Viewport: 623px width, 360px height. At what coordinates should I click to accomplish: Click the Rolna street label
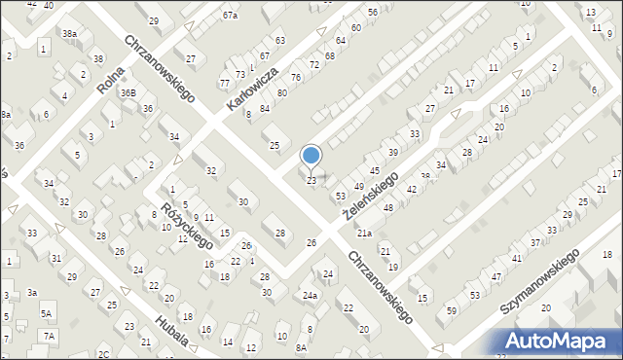(109, 78)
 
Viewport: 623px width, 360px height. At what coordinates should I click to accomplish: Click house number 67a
(230, 16)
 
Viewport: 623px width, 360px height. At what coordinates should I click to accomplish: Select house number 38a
(70, 33)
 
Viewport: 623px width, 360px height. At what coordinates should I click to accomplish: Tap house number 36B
(128, 92)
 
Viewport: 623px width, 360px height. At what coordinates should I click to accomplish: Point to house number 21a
(364, 234)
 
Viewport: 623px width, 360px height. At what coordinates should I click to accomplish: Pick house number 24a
(310, 295)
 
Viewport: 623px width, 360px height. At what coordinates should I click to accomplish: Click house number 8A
(302, 347)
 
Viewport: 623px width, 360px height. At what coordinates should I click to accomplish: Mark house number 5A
(46, 313)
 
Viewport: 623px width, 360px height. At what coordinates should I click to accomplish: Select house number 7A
(49, 336)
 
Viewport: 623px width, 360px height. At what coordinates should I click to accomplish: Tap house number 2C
(103, 354)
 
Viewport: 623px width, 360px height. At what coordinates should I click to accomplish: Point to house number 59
(451, 310)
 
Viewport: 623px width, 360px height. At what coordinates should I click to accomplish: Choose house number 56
(373, 12)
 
